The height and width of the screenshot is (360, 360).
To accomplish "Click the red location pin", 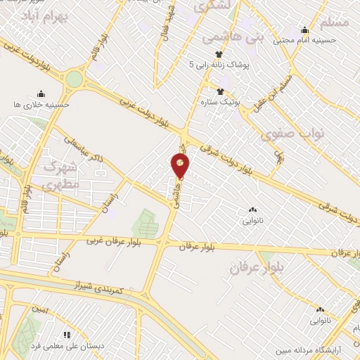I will pyautogui.click(x=181, y=166).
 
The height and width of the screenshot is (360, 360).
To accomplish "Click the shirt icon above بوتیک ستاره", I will pyautogui.click(x=220, y=91).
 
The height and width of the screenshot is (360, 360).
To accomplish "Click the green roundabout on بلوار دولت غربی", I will pyautogui.click(x=74, y=79).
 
